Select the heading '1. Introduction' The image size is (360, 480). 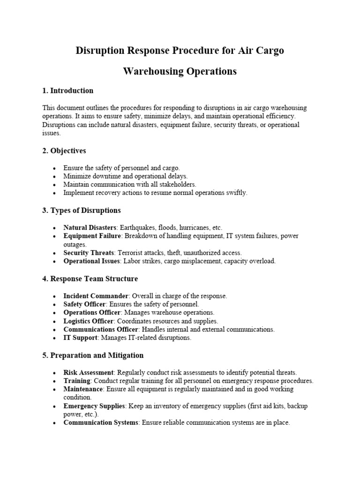pos(67,90)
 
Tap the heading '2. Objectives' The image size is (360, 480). pos(64,151)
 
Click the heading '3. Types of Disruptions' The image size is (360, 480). pos(82,210)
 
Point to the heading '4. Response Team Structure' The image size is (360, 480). pos(90,278)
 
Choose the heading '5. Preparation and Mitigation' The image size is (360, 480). pos(93,355)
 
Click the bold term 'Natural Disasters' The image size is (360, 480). pos(90,227)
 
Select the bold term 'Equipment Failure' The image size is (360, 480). pos(92,236)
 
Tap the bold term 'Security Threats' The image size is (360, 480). pos(89,253)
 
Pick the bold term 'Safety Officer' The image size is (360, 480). pos(85,304)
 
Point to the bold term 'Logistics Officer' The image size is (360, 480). pos(89,321)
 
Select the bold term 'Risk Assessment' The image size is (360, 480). pos(89,372)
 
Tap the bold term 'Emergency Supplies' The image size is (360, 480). pos(94,406)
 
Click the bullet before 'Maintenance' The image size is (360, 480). pos(55,390)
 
